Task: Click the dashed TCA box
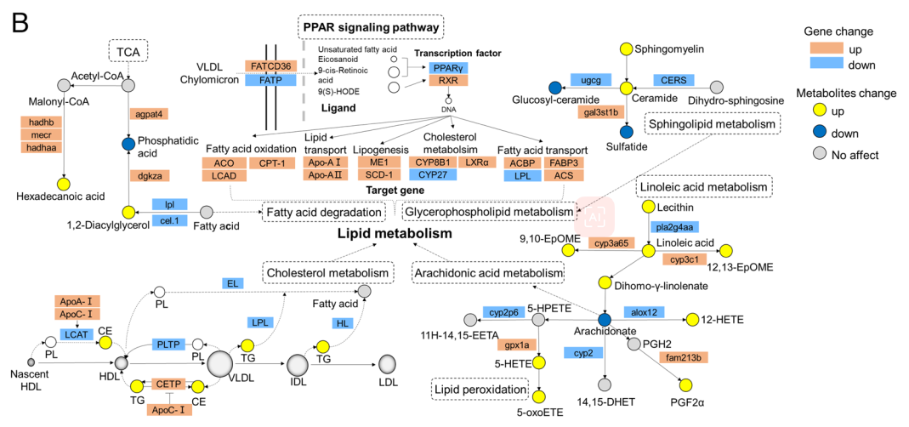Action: point(128,51)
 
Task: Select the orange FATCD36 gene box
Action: point(270,65)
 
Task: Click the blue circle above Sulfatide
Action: point(627,131)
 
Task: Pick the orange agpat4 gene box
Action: point(148,113)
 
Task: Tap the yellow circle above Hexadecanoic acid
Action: point(63,183)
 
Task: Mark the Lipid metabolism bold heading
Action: point(394,233)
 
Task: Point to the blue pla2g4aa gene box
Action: point(673,226)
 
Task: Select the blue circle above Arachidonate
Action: point(605,319)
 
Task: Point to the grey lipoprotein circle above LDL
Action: point(388,366)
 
